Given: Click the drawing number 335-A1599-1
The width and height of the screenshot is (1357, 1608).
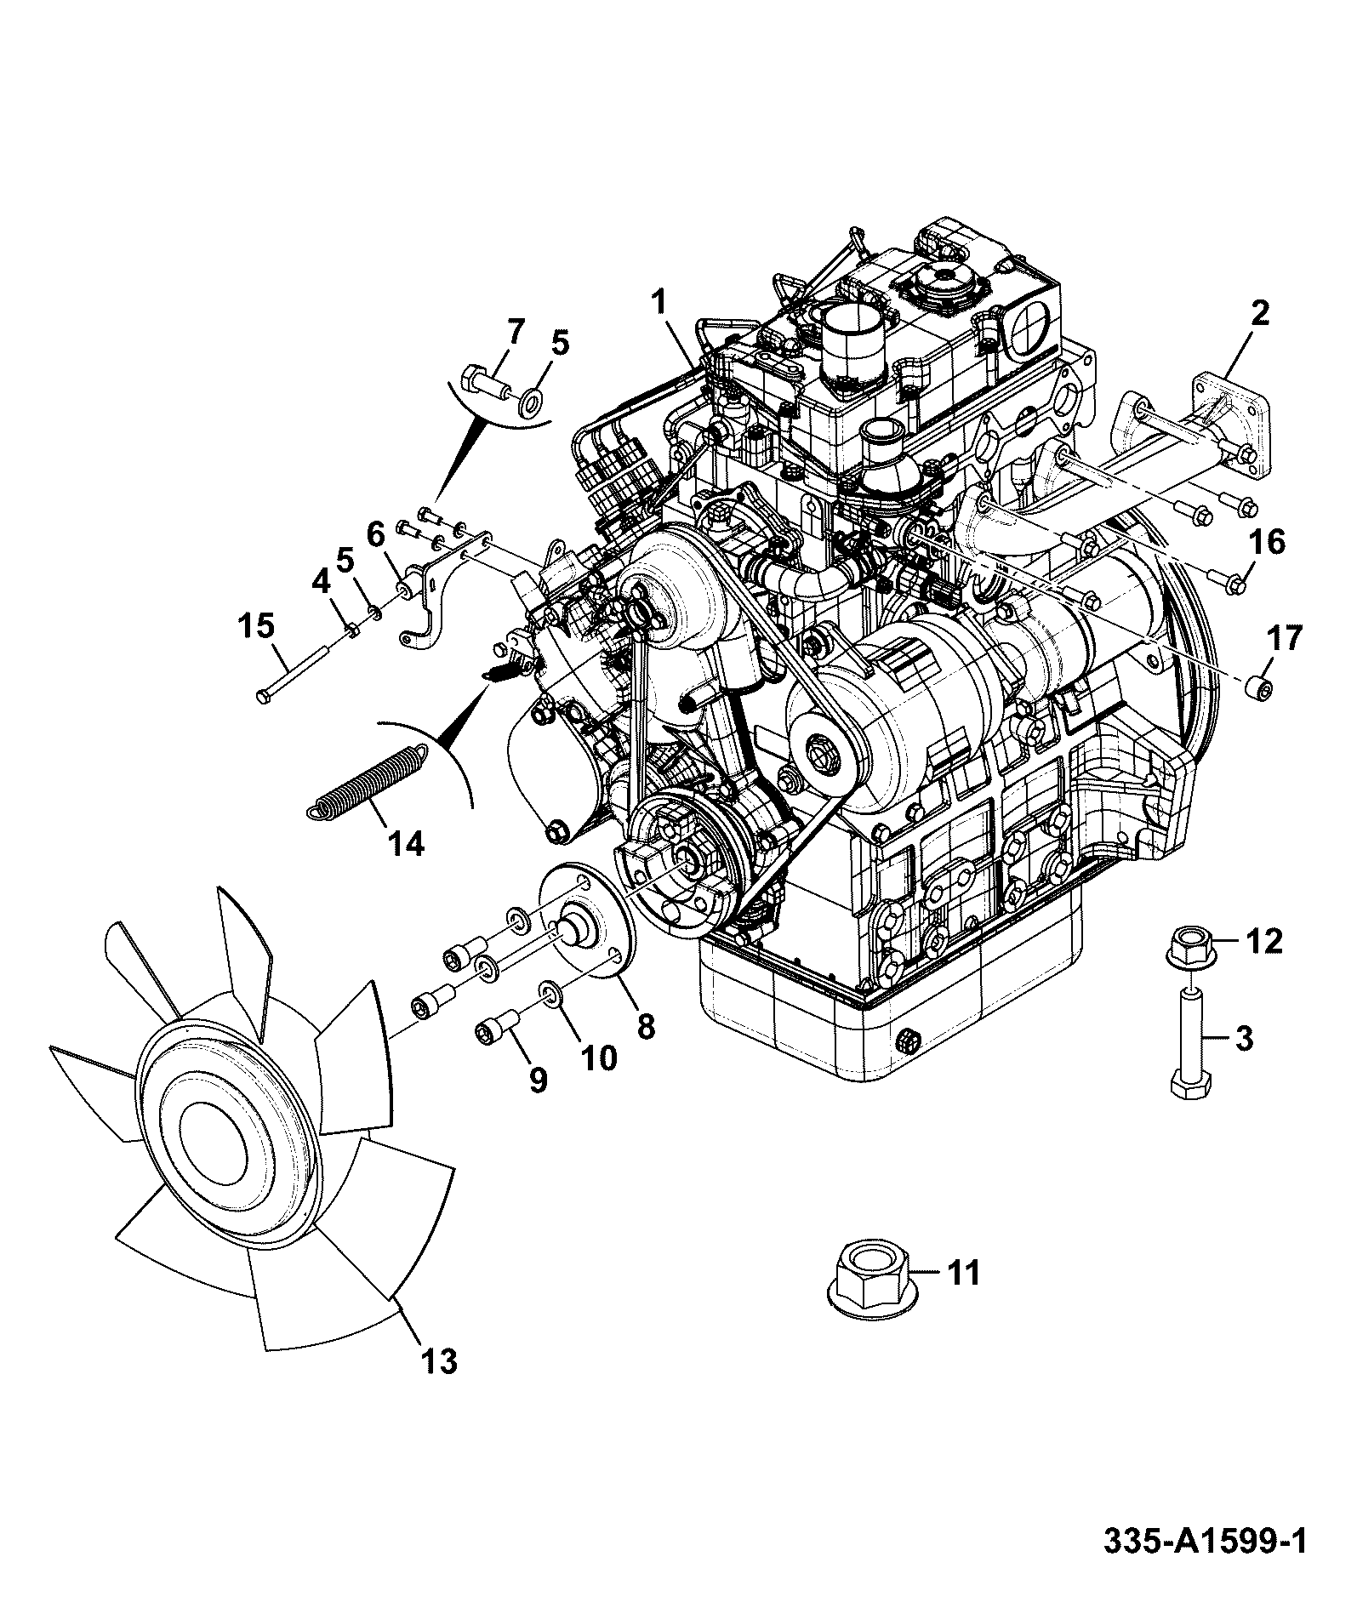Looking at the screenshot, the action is click(1204, 1565).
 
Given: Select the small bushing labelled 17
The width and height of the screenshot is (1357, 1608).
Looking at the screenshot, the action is click(1258, 687).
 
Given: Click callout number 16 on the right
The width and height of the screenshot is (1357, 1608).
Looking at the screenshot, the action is click(1269, 541).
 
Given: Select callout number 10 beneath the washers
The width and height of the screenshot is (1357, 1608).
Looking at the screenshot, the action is click(598, 1058).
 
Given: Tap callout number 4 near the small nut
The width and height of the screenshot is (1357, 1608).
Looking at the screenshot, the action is click(320, 583).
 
